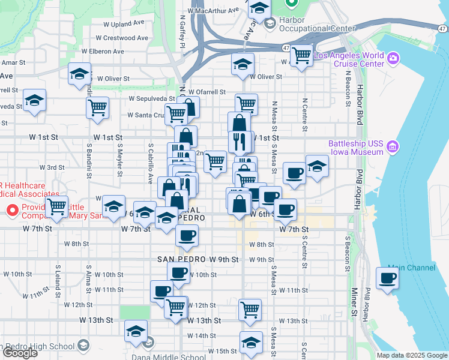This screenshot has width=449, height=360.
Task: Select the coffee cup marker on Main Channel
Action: pos(387,278)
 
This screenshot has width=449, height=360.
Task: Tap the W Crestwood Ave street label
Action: pos(125,37)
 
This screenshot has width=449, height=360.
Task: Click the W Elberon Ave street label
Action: pos(103,52)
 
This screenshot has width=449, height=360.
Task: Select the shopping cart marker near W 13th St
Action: pos(250,310)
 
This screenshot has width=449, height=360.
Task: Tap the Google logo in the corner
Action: pos(19,353)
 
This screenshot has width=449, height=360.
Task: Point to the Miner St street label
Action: pos(354,301)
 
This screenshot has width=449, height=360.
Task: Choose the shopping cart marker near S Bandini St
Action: pos(97,109)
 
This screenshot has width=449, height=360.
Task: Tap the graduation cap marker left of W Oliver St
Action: pos(79,74)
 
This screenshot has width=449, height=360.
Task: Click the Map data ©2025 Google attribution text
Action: pos(411,355)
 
